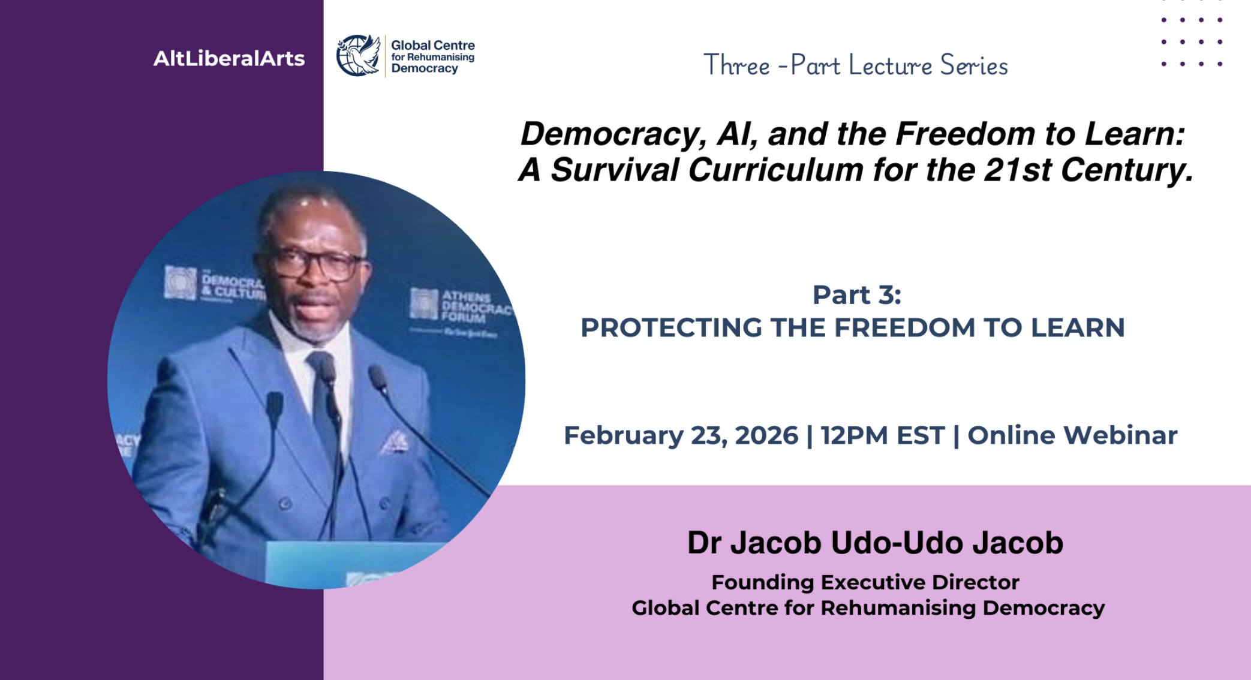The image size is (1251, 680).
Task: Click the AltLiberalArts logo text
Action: coord(229,58)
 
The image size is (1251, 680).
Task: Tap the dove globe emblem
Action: coord(358,56)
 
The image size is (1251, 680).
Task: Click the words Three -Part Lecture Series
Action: coord(855,65)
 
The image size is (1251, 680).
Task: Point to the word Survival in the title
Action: coord(614,170)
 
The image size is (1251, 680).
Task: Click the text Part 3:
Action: coord(856,294)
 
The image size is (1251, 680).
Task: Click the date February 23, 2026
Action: coord(681,435)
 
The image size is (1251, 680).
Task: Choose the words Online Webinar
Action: coord(1072,435)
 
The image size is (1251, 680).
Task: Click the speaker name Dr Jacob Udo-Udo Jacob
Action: coord(874,543)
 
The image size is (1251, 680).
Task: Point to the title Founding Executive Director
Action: coord(865,582)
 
